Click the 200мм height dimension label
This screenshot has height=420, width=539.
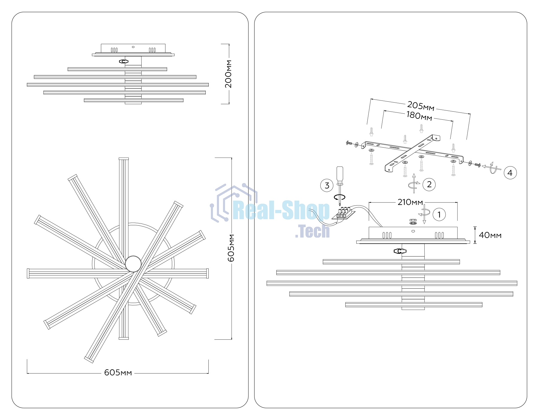(x=228, y=74)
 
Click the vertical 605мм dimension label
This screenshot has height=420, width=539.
(x=231, y=248)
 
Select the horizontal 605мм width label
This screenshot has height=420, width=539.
(x=118, y=373)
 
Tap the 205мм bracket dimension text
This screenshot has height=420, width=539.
(x=421, y=106)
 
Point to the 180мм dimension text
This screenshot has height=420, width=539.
(x=419, y=116)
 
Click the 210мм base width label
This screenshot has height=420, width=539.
(x=410, y=202)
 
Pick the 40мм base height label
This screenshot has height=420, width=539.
(x=490, y=235)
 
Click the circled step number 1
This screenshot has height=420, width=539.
(x=439, y=214)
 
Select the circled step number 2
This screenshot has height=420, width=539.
(x=429, y=184)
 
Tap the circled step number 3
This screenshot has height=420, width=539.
(x=327, y=185)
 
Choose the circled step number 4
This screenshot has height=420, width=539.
(x=510, y=173)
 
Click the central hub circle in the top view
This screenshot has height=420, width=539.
(x=133, y=264)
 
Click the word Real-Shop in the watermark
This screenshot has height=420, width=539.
(x=281, y=210)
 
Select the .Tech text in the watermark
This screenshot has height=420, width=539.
(x=312, y=231)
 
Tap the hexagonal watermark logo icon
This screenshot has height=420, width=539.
(x=234, y=203)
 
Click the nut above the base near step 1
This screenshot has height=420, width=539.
(x=413, y=222)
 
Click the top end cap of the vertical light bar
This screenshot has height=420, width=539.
(x=124, y=159)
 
